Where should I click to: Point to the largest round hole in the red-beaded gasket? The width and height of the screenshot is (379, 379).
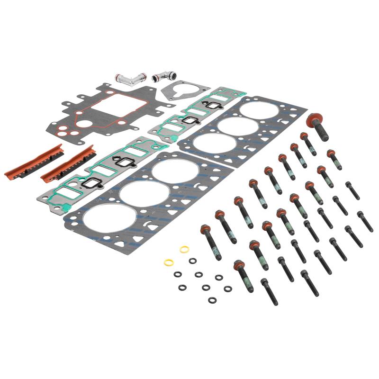(x=83, y=124)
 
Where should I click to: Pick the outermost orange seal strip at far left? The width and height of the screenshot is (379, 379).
(x=33, y=161)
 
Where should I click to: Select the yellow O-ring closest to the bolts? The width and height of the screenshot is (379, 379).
(x=184, y=249)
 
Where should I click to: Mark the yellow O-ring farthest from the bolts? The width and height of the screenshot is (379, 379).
(x=168, y=262)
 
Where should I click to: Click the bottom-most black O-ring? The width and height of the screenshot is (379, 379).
(x=212, y=300)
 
